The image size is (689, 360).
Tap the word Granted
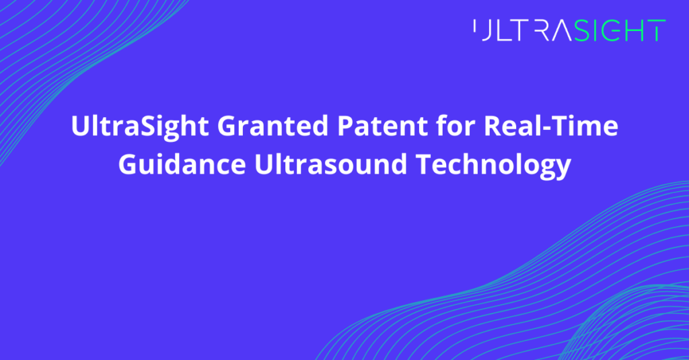pyautogui.click(x=273, y=126)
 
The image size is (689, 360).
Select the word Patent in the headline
pyautogui.click(x=382, y=126)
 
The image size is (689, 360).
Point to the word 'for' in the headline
pyautogui.click(x=456, y=125)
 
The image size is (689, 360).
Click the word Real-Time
pyautogui.click(x=551, y=126)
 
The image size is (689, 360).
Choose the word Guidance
pyautogui.click(x=182, y=164)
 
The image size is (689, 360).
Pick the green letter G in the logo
pyautogui.click(x=610, y=30)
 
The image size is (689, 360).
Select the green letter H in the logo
pyautogui.click(x=634, y=30)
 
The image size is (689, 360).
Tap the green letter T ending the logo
pyautogui.click(x=655, y=30)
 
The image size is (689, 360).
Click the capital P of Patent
pyautogui.click(x=345, y=126)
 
